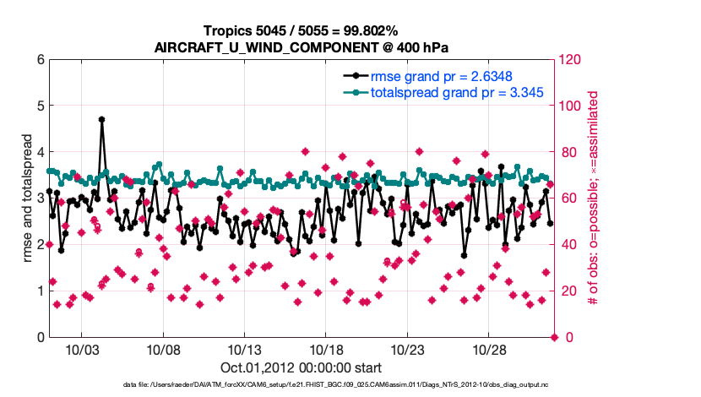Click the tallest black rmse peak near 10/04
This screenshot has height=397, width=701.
pos(101,120)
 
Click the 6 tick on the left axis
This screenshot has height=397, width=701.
pos(40,60)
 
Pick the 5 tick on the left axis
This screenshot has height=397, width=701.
pos(40,106)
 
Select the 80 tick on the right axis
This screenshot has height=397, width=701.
pos(567,153)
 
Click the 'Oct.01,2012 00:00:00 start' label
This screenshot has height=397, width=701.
pos(302,367)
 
